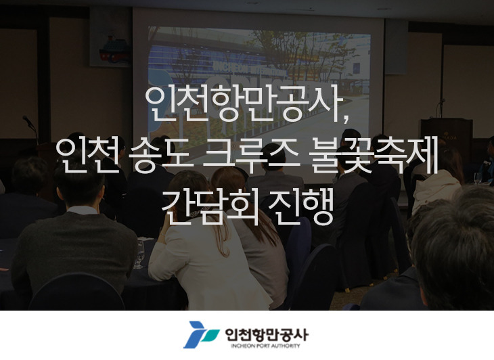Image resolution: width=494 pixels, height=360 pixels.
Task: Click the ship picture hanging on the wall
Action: click(110, 37)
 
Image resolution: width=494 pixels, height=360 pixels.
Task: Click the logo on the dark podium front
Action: click(447, 137)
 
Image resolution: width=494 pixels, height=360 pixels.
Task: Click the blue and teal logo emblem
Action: click(201, 334)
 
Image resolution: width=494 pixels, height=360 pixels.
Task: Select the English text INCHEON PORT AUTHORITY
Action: click(265, 346)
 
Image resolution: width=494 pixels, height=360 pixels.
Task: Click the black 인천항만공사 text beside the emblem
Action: click(267, 334)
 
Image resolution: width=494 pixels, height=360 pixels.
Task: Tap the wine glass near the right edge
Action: click(478, 178)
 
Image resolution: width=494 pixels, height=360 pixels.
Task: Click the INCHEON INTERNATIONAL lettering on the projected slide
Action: click(250, 70)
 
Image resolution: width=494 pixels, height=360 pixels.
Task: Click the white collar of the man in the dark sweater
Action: click(83, 210)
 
